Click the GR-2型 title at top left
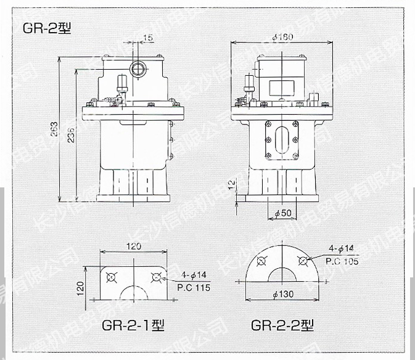click(x=47, y=28)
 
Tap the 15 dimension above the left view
click(x=147, y=39)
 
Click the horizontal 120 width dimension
click(x=133, y=247)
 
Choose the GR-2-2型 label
click(x=282, y=325)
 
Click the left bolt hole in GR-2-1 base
click(x=112, y=276)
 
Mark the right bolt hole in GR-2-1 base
click(x=155, y=276)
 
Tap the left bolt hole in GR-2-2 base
click(x=260, y=261)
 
